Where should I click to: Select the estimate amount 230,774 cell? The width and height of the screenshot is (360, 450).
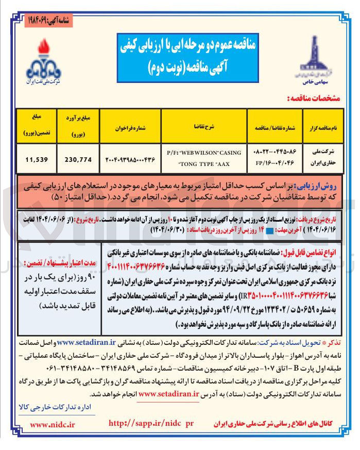79,159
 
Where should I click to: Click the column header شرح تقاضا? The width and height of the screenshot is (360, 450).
204,124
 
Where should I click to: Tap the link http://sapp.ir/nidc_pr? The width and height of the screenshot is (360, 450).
151,423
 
